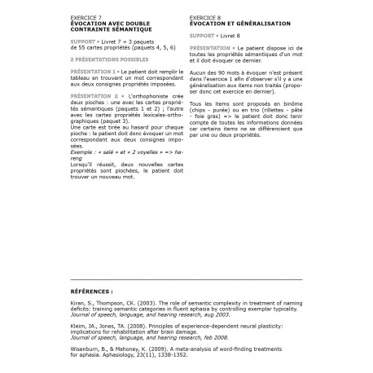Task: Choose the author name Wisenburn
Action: [x=84, y=347]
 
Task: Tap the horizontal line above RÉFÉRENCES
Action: [x=186, y=279]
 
